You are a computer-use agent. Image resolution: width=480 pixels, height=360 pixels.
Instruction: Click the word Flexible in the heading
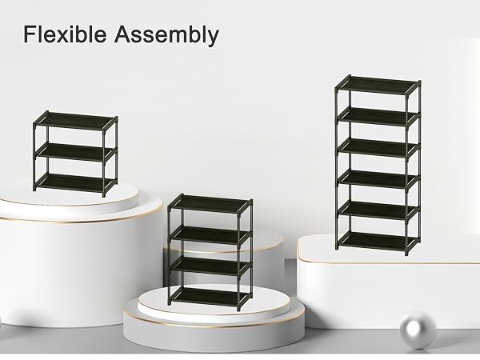pos(65,34)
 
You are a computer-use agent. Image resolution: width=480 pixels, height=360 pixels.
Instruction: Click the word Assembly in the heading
pos(166,35)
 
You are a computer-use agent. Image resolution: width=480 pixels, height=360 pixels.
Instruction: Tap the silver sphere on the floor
pos(418,330)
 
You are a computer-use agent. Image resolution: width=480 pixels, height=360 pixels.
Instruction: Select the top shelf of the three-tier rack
pos(76,121)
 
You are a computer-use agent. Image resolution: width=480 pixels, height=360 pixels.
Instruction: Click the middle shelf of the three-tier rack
pos(76,152)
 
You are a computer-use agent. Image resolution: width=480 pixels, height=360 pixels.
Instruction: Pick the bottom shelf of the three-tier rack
pos(75,182)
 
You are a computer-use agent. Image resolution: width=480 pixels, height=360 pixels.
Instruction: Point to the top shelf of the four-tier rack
pos(210,204)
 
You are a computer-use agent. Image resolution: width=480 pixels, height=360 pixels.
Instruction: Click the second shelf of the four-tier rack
pos(210,235)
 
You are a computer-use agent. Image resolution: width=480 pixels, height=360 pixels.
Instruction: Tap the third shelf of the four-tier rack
pos(210,266)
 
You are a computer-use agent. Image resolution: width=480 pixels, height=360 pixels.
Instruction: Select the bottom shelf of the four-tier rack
pos(210,297)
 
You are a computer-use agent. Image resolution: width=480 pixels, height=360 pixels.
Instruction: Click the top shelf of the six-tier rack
pos(378,85)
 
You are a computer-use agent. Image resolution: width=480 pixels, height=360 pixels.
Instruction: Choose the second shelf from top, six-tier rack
pos(378,117)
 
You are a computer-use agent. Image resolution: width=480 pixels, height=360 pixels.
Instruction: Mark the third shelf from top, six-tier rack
pos(378,147)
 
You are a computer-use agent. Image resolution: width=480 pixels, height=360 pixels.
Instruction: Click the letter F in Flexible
pos(30,34)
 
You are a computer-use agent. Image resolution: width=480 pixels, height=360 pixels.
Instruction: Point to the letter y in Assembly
pos(214,38)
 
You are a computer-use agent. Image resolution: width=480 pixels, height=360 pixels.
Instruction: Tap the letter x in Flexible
pos(59,37)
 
